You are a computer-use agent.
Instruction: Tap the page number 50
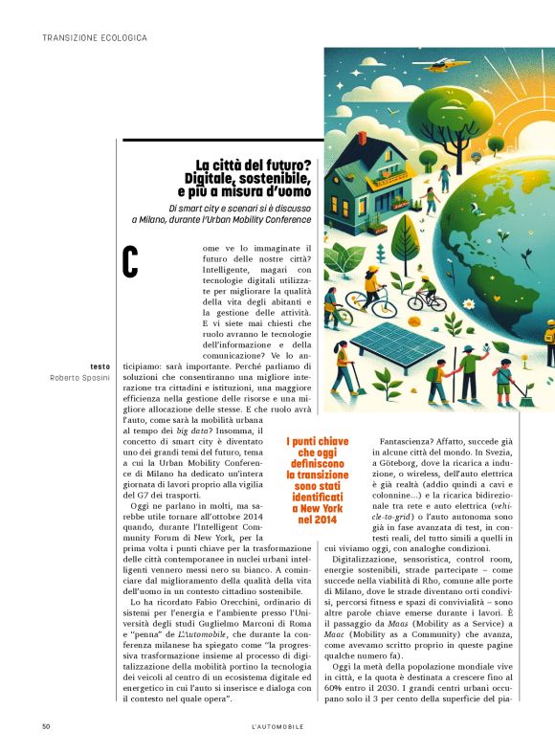[x=46, y=727]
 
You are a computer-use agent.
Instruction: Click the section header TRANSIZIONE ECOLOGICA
[x=95, y=38]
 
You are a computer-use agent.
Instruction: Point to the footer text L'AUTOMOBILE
[x=277, y=727]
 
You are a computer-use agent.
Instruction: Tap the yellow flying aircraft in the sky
[x=440, y=67]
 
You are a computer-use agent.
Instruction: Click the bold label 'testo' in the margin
[x=100, y=366]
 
